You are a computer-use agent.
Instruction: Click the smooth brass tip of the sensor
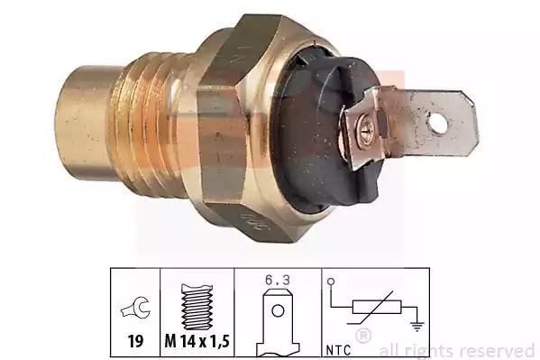(84, 123)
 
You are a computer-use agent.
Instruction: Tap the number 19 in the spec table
(135, 341)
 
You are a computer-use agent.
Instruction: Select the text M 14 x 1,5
(197, 341)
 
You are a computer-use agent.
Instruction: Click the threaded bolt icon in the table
(197, 307)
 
